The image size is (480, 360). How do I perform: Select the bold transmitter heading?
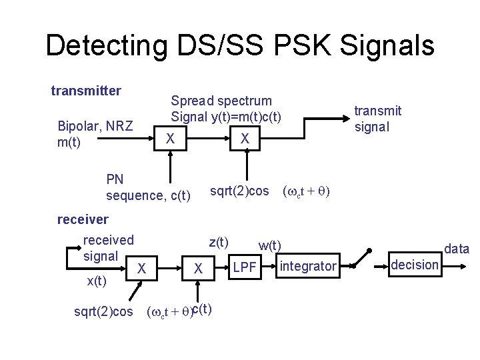tap(86, 90)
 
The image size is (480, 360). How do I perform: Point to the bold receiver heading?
tap(83, 219)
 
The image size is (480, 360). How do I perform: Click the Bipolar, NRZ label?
tap(95, 125)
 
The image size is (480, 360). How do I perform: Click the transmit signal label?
tap(377, 119)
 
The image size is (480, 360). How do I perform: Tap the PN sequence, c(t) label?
tap(148, 187)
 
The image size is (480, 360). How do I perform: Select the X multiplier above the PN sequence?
tap(171, 138)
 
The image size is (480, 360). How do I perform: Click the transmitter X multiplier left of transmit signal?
tap(245, 138)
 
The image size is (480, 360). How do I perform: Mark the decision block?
tap(415, 265)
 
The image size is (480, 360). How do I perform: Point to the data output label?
tap(456, 249)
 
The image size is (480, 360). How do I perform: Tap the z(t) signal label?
tap(219, 241)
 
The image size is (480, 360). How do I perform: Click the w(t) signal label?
tap(271, 246)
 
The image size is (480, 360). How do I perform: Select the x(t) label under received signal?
tap(97, 281)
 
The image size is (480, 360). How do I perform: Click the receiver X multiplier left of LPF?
tap(198, 268)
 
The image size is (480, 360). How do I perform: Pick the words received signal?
tap(107, 247)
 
